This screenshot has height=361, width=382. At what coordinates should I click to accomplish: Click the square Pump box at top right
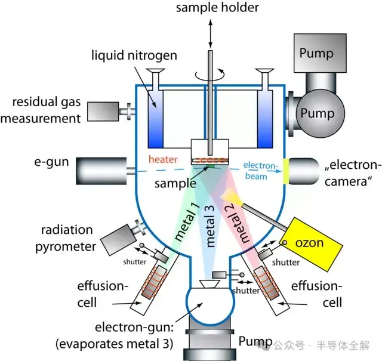click(320, 53)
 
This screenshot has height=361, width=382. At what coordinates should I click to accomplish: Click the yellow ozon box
click(312, 244)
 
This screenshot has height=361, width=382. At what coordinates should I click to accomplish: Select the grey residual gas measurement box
click(103, 112)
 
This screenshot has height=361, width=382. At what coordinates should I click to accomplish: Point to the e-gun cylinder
click(101, 171)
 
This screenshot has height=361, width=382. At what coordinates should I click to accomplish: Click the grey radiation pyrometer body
click(118, 240)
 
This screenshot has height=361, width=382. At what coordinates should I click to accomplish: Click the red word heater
click(163, 159)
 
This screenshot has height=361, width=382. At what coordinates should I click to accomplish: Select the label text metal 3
click(210, 226)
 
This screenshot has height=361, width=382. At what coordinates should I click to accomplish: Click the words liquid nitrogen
click(134, 55)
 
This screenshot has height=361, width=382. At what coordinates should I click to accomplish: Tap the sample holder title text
click(217, 7)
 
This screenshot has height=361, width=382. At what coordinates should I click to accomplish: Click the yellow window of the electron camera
click(285, 171)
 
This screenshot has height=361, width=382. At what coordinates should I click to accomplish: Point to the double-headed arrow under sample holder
click(210, 33)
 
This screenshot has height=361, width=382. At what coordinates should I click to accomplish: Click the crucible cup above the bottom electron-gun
click(210, 283)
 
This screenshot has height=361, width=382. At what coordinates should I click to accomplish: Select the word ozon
click(309, 243)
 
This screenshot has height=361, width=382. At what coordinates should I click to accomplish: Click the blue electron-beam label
click(260, 171)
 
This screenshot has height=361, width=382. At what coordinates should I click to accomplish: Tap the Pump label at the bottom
click(255, 341)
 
